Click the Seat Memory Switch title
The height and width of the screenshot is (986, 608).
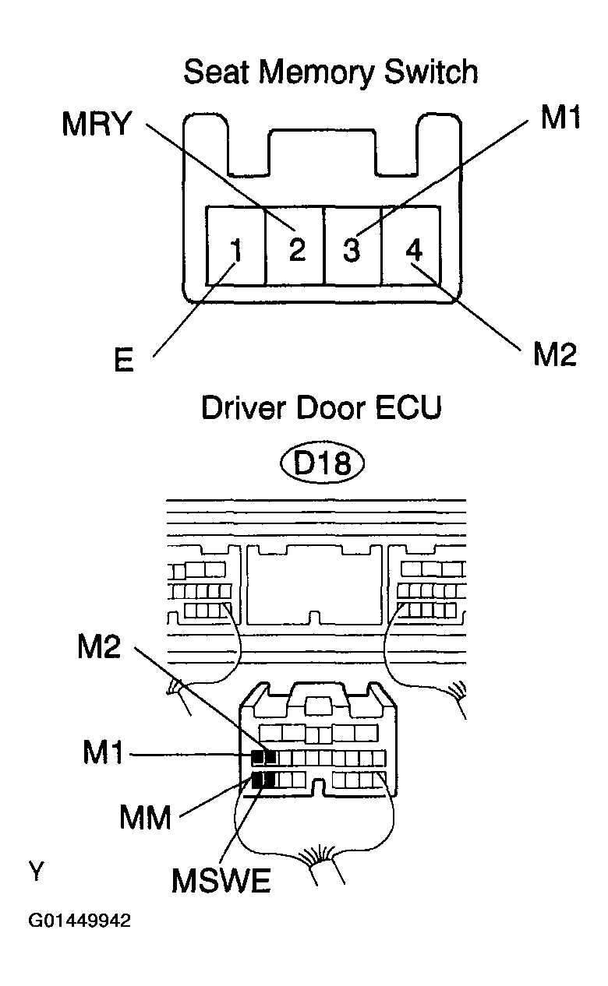click(331, 73)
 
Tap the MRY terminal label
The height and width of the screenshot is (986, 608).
click(97, 124)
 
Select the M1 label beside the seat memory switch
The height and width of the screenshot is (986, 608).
click(560, 117)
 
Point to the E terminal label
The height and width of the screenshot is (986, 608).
click(123, 361)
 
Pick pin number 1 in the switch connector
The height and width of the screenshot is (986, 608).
click(237, 250)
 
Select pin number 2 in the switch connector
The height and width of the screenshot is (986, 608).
click(298, 249)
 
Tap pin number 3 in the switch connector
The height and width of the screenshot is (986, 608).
click(352, 249)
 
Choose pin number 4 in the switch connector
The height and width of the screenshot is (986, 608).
click(414, 249)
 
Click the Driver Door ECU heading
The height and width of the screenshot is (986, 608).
click(321, 408)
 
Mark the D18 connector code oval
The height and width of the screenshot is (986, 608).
click(323, 463)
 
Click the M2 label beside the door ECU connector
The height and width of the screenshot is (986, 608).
click(99, 647)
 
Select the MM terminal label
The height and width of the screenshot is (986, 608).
click(146, 818)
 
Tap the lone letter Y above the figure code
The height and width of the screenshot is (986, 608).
click(37, 871)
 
